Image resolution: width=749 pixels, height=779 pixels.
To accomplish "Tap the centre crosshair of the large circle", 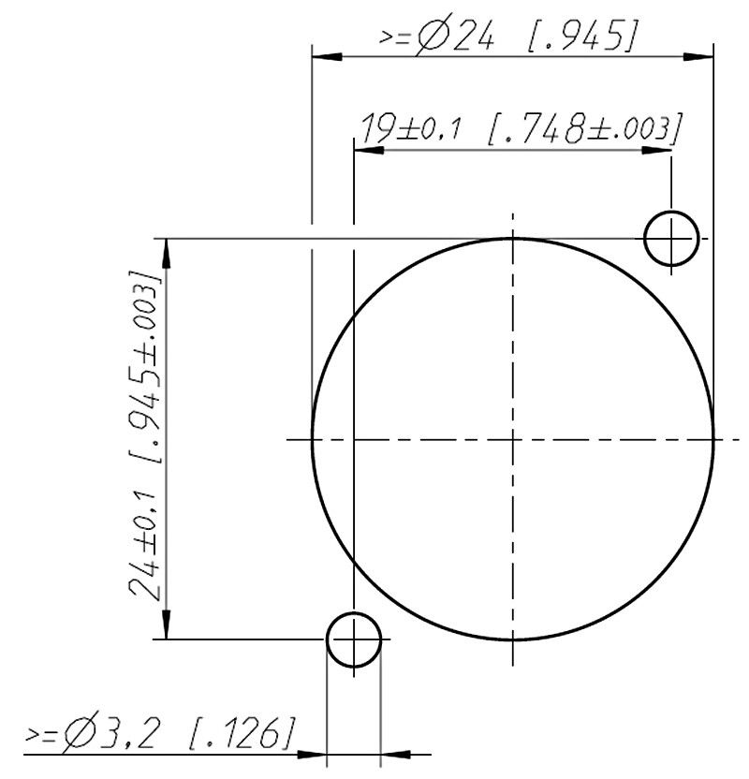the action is (x=512, y=440).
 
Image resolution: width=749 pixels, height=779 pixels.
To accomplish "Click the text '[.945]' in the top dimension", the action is (x=581, y=37).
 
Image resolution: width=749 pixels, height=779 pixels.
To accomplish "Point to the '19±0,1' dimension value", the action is (x=410, y=128).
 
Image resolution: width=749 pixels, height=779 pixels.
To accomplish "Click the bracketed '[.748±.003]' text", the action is (x=584, y=129).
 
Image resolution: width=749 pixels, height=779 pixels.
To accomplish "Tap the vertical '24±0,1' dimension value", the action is (x=145, y=547).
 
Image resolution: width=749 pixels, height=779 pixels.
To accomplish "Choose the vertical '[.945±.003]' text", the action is (x=145, y=368).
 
